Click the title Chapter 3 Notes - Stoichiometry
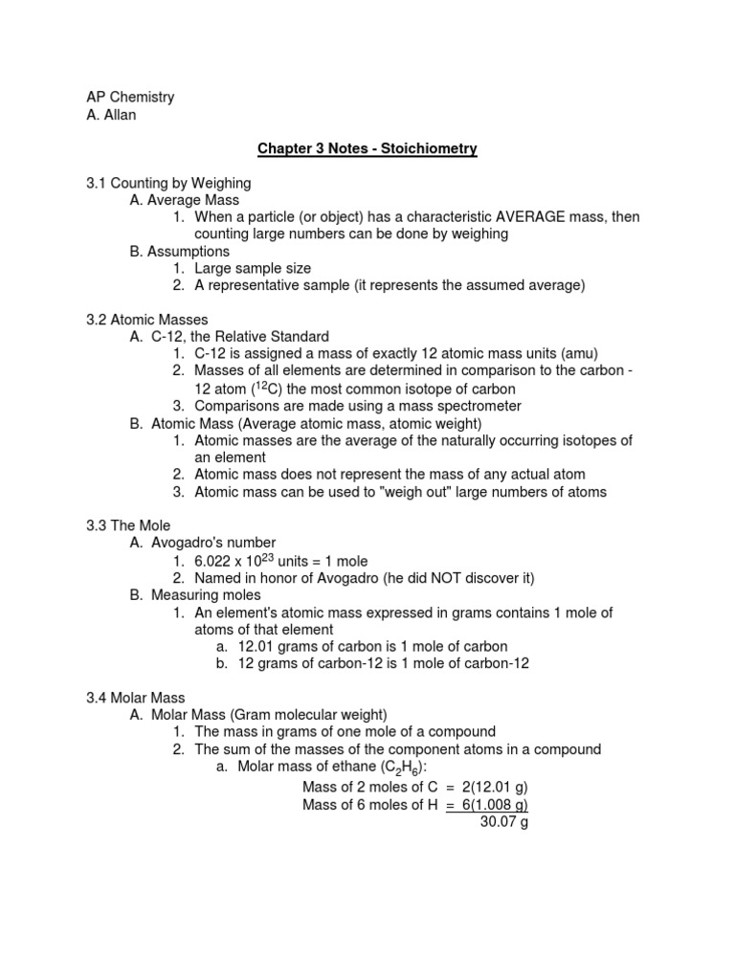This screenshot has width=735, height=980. [x=367, y=149]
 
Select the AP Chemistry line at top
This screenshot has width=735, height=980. [x=130, y=98]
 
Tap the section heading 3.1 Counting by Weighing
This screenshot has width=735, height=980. [x=168, y=183]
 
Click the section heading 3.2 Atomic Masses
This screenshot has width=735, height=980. [x=146, y=320]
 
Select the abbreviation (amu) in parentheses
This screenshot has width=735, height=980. [x=577, y=354]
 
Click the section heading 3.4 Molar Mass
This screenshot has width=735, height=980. [x=136, y=698]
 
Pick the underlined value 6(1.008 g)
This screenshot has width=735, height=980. [x=495, y=804]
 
